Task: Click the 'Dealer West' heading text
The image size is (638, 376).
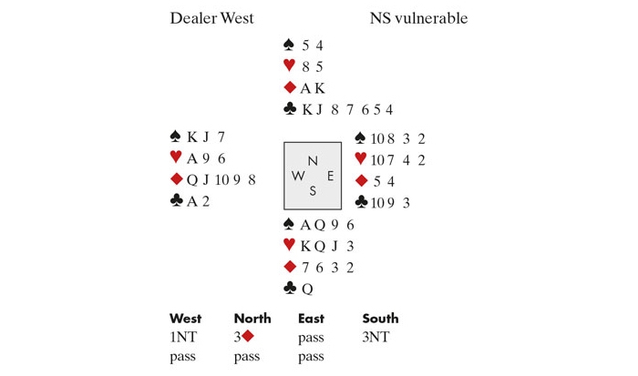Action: tap(211, 18)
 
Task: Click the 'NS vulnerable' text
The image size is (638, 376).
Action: tap(419, 18)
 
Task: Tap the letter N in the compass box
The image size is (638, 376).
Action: tap(313, 160)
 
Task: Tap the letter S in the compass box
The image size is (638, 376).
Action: tap(313, 190)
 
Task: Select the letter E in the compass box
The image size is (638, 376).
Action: tap(330, 176)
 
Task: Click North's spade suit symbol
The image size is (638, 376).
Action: tap(290, 45)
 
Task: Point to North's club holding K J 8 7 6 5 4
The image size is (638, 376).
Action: tap(347, 110)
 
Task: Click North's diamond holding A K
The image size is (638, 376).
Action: tap(313, 88)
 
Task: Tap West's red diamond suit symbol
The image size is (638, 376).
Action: tap(176, 180)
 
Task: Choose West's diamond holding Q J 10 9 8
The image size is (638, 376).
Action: tap(221, 180)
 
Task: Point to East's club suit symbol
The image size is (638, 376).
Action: tap(361, 202)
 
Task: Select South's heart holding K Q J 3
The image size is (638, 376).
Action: tap(325, 245)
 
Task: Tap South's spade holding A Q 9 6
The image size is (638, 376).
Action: tap(326, 224)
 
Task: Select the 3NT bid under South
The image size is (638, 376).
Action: tap(377, 336)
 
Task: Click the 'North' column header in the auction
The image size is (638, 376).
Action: tap(252, 319)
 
